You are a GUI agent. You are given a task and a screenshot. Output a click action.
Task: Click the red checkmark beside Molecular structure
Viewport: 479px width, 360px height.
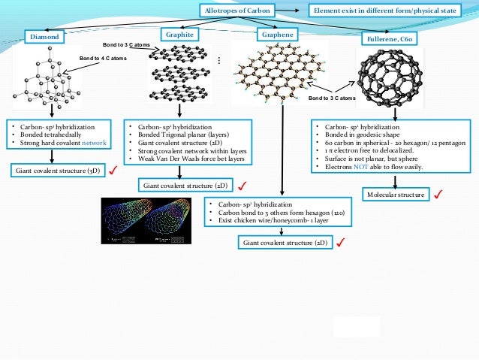(x=438, y=195)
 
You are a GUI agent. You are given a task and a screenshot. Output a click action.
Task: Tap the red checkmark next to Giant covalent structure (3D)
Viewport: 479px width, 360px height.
(x=113, y=171)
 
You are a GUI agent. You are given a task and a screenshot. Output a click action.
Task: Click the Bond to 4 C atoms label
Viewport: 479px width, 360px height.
(x=103, y=58)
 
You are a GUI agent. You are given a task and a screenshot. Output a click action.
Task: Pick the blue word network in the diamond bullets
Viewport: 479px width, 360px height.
(x=94, y=143)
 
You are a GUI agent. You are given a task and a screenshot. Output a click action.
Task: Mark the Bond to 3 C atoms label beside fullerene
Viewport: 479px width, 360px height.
(x=331, y=98)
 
